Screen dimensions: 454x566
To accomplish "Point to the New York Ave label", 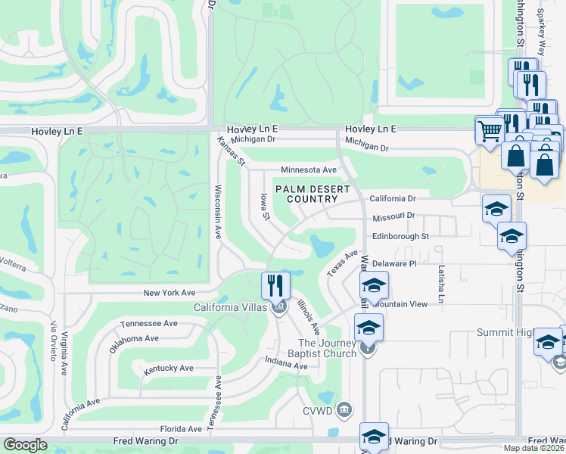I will click(x=169, y=293).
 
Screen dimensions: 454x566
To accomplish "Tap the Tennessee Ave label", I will click(x=149, y=323).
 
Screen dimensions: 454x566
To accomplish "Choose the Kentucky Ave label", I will click(x=169, y=368).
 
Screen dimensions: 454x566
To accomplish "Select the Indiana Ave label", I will click(x=286, y=365).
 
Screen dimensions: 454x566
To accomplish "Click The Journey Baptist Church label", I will click(x=327, y=348).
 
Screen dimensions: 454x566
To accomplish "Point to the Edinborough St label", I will click(x=400, y=236).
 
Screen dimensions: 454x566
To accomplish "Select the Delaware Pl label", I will click(x=394, y=264).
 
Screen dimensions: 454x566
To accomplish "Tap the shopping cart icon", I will click(x=489, y=130).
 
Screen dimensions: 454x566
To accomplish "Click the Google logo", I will click(x=25, y=445).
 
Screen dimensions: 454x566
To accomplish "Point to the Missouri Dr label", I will click(x=393, y=216).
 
